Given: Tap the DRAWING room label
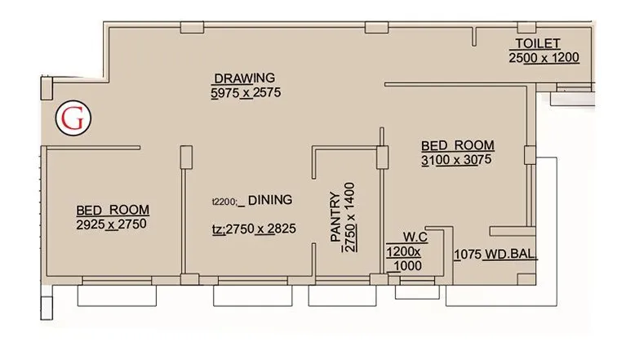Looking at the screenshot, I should pyautogui.click(x=245, y=78).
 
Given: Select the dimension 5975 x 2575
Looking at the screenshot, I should pyautogui.click(x=245, y=93).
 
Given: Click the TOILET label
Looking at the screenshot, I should pyautogui.click(x=537, y=44).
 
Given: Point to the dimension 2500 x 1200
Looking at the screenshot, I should pyautogui.click(x=544, y=58).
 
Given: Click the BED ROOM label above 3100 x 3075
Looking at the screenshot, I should pyautogui.click(x=458, y=146).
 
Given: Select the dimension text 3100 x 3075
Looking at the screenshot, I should pyautogui.click(x=458, y=161).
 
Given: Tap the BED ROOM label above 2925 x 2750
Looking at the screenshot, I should pyautogui.click(x=107, y=209).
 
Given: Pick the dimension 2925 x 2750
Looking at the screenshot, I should pyautogui.click(x=110, y=224).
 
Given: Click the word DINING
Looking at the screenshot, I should pyautogui.click(x=270, y=199).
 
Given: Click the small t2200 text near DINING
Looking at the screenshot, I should pyautogui.click(x=224, y=200).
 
